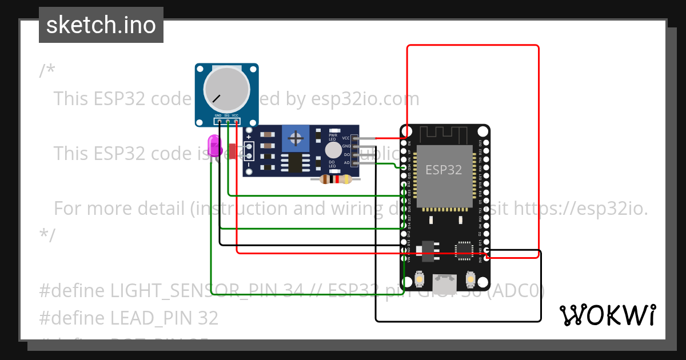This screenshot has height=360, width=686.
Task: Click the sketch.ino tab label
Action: (x=101, y=25)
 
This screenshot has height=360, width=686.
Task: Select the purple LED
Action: (x=214, y=144)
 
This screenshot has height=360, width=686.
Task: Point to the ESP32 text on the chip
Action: (x=444, y=170)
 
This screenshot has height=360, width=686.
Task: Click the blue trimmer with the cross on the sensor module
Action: (x=296, y=138)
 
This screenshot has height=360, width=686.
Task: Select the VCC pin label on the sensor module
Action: (x=346, y=138)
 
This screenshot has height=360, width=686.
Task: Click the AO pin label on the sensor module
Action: (x=346, y=163)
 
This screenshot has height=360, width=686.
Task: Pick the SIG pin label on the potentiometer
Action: (x=227, y=116)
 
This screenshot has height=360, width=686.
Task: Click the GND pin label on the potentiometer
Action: (x=218, y=116)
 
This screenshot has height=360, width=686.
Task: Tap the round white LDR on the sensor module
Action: (x=333, y=150)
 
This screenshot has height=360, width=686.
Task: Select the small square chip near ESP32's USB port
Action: (x=464, y=250)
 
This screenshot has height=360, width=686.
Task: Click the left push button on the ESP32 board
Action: (x=420, y=279)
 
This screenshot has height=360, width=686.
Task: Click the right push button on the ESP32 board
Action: (x=470, y=279)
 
